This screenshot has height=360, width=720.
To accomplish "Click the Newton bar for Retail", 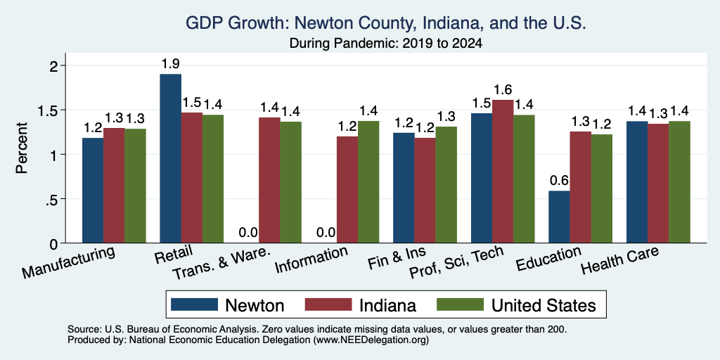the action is click(170, 158).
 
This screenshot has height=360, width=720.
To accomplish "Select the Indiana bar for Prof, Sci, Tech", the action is click(503, 172).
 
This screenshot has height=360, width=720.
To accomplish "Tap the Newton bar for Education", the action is click(559, 217).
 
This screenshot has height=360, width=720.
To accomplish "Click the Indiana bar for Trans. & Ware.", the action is click(269, 180).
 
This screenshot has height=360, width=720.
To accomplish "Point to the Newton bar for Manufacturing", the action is click(93, 190).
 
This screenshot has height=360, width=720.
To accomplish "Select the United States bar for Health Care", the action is click(680, 182).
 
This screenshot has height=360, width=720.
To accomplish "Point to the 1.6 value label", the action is click(503, 89).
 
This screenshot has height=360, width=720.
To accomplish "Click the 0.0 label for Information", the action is click(326, 233).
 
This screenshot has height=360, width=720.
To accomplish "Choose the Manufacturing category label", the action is click(68, 262).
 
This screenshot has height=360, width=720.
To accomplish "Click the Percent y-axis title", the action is click(22, 148).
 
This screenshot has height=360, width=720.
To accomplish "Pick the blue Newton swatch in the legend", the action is click(194, 304).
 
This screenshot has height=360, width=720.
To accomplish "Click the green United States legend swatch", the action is click(461, 304).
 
